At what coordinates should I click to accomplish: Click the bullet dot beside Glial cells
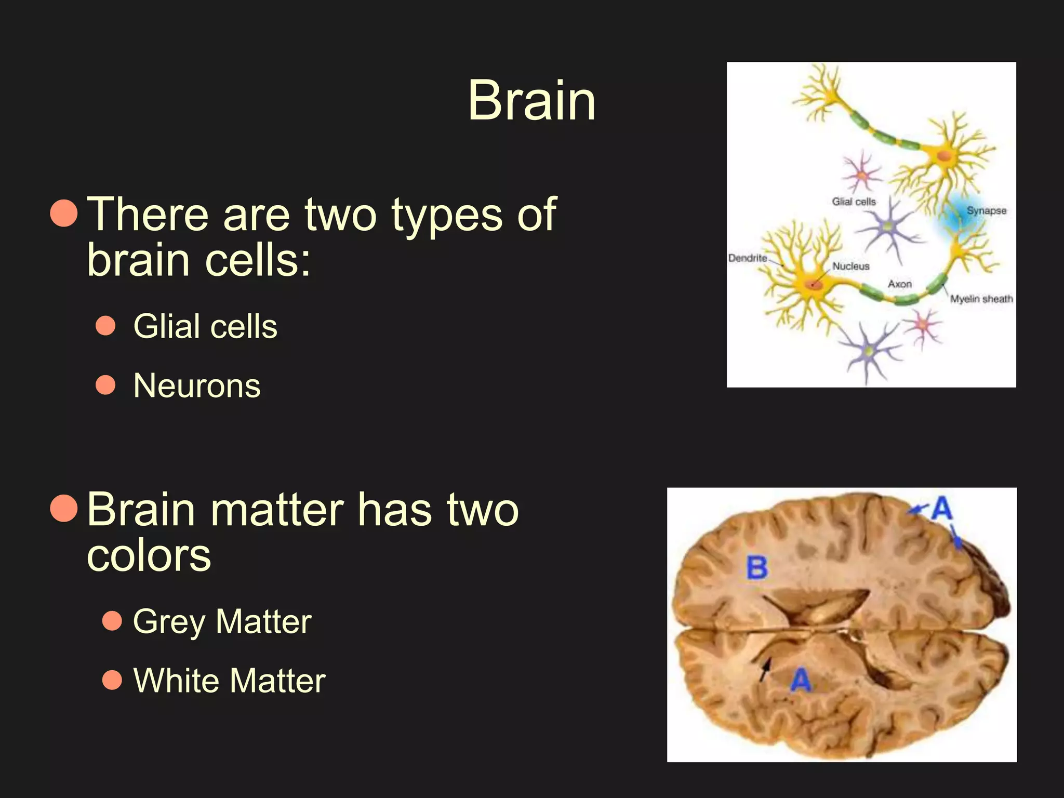(106, 326)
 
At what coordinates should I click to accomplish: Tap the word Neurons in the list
(197, 385)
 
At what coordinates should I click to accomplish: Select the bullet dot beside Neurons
(106, 385)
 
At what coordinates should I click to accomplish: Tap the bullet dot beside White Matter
(112, 680)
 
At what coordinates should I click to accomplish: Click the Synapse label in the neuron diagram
(986, 211)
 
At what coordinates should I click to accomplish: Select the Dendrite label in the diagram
(747, 258)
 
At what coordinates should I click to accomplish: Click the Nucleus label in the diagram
(850, 266)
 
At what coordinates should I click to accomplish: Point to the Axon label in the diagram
(899, 284)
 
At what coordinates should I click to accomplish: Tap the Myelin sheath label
(981, 299)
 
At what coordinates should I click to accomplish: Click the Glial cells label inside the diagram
(854, 202)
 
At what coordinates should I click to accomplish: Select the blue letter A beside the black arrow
(801, 680)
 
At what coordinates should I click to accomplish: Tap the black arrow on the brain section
(765, 669)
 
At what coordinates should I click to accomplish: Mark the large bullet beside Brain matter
(64, 508)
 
